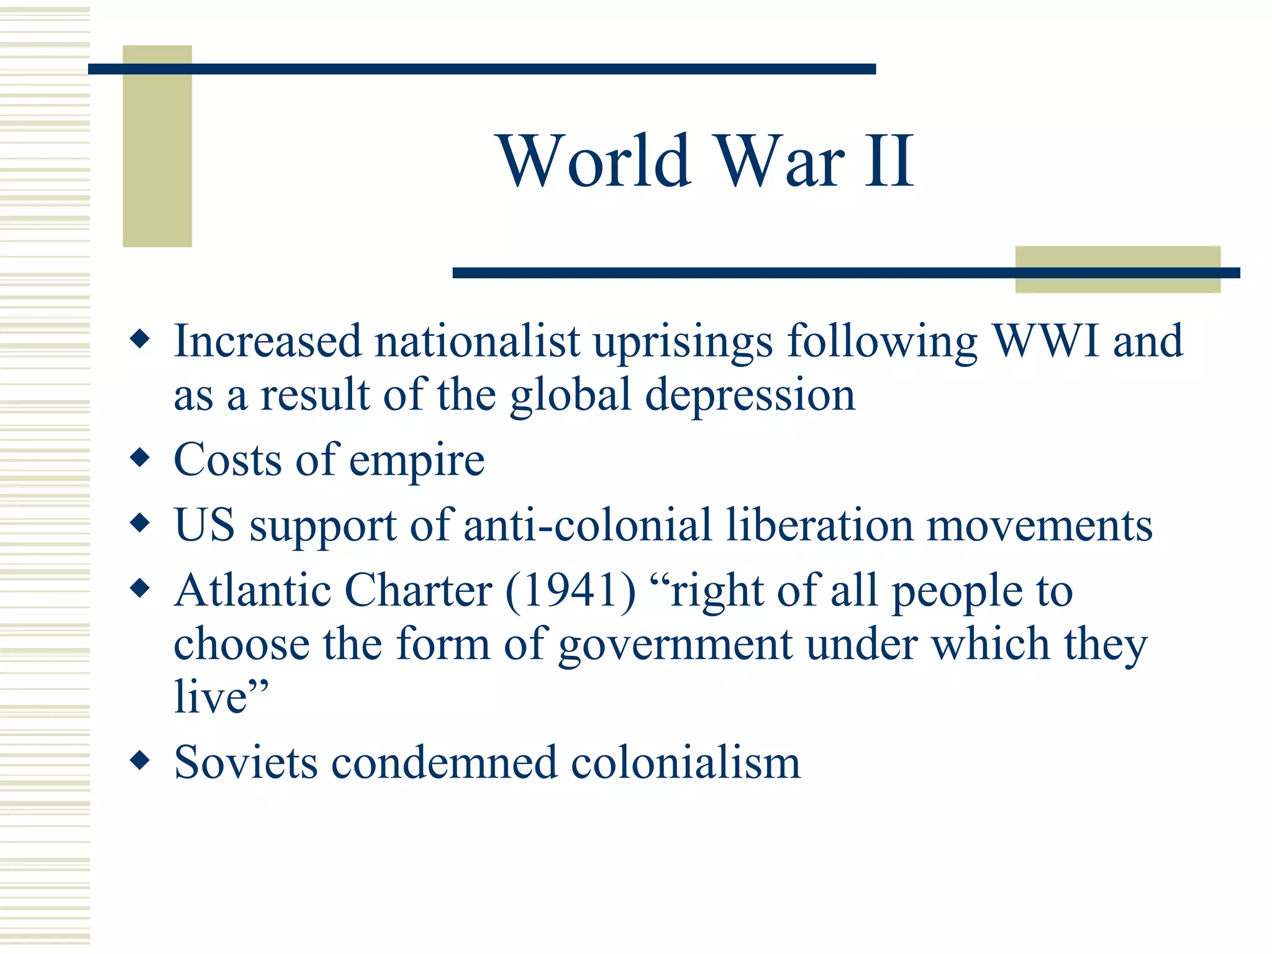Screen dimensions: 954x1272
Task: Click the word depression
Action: coord(750,396)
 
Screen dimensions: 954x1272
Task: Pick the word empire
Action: coord(417,461)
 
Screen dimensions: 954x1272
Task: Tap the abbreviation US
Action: coord(204,525)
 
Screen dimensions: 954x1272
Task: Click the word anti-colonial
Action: coord(587,525)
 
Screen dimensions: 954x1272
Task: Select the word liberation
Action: coord(819,525)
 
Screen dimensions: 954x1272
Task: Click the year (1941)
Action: coord(571,591)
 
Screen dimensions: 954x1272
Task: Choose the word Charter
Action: coord(418,591)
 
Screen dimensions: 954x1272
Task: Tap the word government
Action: coord(675,645)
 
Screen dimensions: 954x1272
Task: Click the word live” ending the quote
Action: coord(221,697)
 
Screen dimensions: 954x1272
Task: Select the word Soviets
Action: coord(246,763)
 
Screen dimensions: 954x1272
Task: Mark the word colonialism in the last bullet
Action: coord(686,763)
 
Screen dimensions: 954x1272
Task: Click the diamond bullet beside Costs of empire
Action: coord(140,458)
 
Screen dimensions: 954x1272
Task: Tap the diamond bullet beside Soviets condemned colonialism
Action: coord(140,760)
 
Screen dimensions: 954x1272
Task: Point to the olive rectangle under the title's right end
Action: coord(1117,283)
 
